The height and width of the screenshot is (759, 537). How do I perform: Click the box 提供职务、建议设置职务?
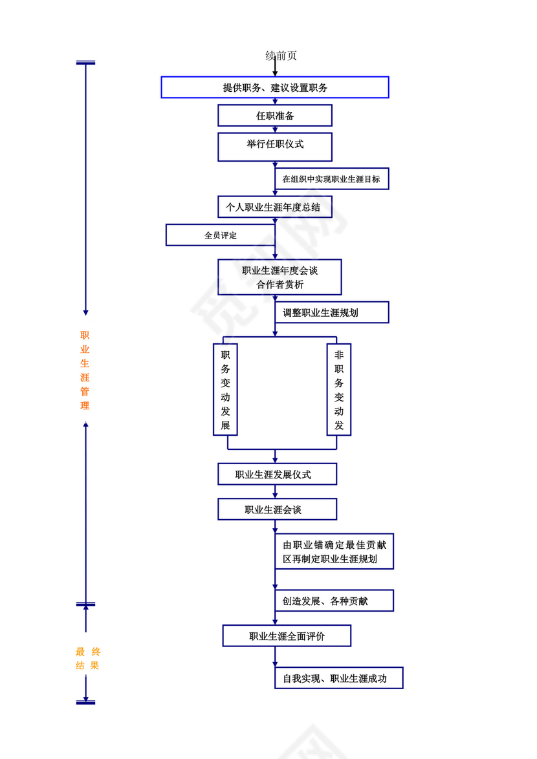[275, 87]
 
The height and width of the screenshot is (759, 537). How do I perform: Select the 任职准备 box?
[275, 116]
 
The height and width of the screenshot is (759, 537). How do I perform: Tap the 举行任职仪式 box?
[275, 146]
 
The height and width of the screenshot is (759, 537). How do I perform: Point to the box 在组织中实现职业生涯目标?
[331, 179]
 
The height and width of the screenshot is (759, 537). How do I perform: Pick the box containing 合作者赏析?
[279, 277]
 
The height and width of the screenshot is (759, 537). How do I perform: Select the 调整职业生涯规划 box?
[331, 312]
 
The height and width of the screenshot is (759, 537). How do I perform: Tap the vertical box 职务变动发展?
[225, 390]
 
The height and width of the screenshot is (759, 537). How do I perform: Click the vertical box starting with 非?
[339, 390]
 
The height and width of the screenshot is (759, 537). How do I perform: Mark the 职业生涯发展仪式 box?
[277, 474]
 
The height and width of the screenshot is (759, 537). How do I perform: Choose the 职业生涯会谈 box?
[277, 509]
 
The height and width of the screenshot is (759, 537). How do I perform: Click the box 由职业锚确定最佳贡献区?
[334, 551]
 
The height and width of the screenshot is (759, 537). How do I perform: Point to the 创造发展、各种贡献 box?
[334, 601]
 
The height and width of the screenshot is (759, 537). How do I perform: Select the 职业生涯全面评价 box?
[287, 636]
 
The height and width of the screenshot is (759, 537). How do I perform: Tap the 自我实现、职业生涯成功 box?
[338, 678]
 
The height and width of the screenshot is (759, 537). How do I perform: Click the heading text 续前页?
[281, 56]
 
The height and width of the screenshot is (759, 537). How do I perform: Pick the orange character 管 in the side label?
[85, 391]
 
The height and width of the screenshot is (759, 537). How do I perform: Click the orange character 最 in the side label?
[81, 652]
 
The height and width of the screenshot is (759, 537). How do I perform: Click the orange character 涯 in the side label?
[85, 377]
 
